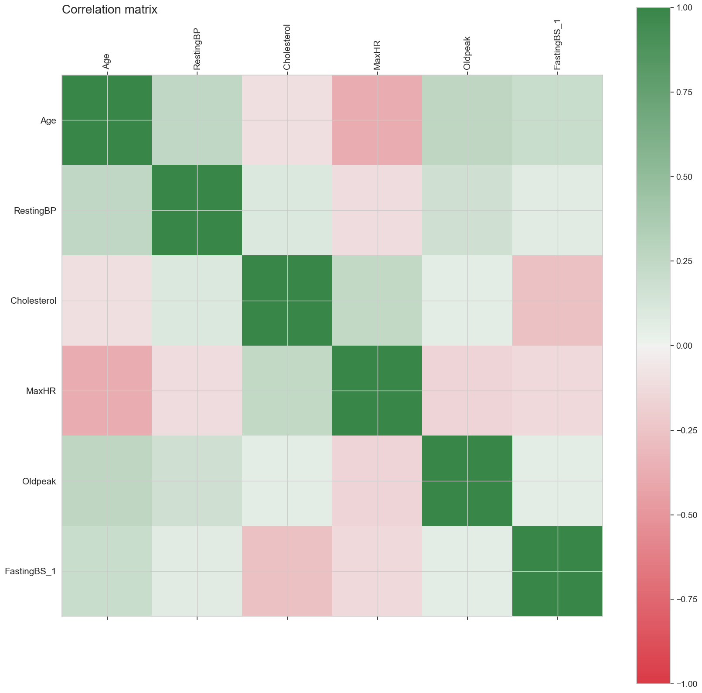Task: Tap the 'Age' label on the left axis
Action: [x=48, y=120]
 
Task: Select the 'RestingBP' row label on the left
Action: [x=35, y=211]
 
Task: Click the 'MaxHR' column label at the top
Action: [x=377, y=55]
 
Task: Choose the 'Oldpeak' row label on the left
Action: [x=39, y=481]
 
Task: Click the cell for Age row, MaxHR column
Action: [x=377, y=120]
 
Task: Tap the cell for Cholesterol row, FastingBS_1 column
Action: [x=557, y=301]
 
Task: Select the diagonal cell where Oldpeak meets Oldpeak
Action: [x=467, y=481]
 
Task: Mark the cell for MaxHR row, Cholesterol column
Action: [x=287, y=391]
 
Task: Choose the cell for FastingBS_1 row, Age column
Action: [x=107, y=571]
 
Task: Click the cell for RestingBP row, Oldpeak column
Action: [x=467, y=210]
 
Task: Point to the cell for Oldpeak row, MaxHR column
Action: [x=377, y=481]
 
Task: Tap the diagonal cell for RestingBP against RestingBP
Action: [x=197, y=210]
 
